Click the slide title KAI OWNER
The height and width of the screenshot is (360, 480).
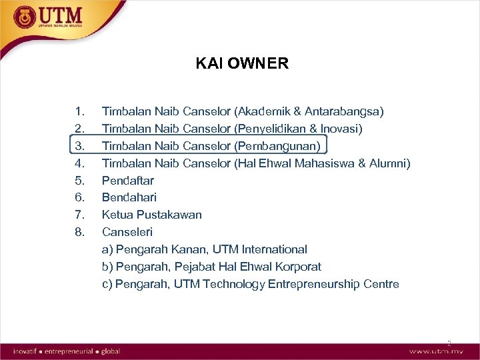pos(242,63)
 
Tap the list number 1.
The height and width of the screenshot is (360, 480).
pos(80,111)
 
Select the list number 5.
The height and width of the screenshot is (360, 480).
pos(80,180)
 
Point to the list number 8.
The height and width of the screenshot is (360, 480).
pos(80,232)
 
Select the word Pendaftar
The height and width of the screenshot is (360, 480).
pos(127,180)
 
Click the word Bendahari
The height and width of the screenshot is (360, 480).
pos(129,197)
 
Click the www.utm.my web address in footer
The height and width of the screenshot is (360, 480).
pos(437,351)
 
